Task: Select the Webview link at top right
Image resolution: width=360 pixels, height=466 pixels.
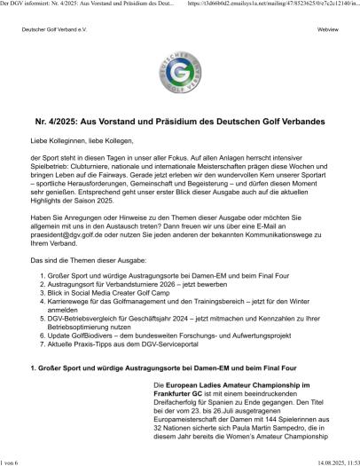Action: coord(328,30)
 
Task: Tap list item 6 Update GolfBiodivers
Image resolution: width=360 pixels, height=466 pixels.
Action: coord(177,311)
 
